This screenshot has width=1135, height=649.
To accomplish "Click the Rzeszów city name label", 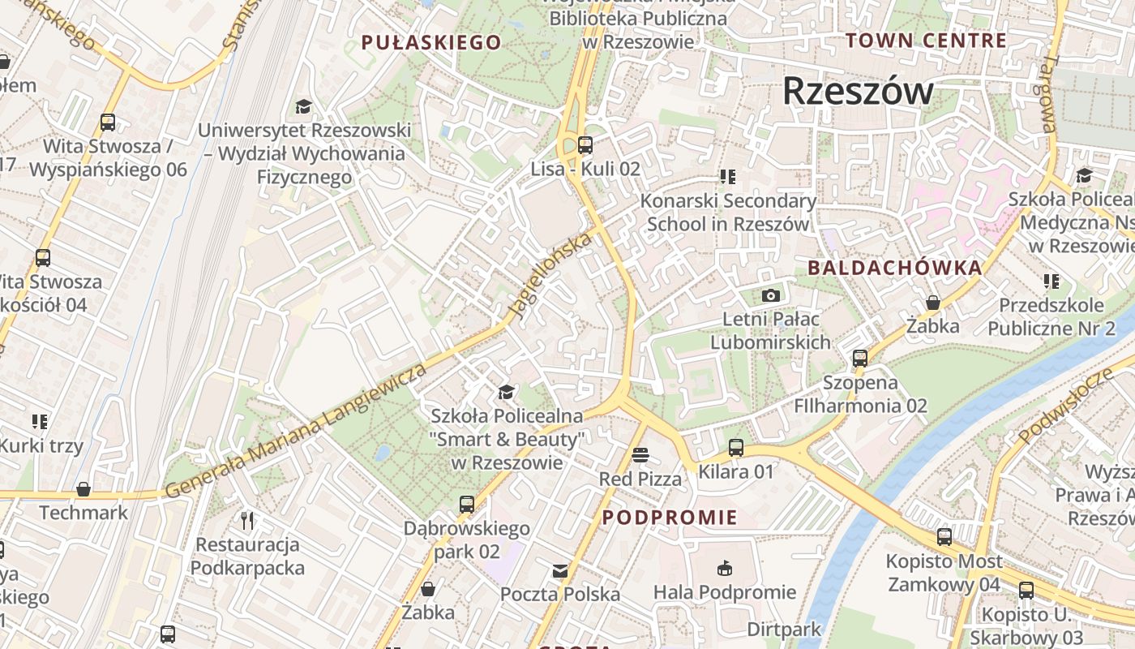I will [858, 91].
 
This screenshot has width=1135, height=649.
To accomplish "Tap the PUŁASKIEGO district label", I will [431, 43].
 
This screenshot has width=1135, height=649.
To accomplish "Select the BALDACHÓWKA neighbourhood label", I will [894, 268].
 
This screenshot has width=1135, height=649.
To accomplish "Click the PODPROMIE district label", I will [670, 518].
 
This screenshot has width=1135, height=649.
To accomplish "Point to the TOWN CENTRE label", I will [926, 41].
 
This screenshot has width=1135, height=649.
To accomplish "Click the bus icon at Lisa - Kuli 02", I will [585, 145].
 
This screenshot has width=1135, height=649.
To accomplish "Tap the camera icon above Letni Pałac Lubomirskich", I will [770, 295].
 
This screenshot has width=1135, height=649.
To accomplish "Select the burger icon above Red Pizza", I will [640, 455].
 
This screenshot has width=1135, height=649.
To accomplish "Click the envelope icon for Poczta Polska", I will [559, 571].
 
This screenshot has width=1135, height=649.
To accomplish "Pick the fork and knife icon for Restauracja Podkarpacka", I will [247, 520].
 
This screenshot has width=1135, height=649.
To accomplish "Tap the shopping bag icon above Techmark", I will [83, 489].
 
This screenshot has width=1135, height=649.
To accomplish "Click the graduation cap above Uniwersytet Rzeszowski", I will [304, 106].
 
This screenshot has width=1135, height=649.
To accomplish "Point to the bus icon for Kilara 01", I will [735, 447].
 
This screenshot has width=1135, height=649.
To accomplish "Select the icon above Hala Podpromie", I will [725, 568].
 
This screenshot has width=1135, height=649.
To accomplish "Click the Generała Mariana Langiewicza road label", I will [296, 431].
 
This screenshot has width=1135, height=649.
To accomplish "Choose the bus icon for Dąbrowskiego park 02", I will [466, 504].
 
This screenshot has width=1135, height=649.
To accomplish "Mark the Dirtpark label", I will [784, 629].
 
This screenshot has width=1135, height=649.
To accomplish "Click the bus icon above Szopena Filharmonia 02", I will [860, 358].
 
